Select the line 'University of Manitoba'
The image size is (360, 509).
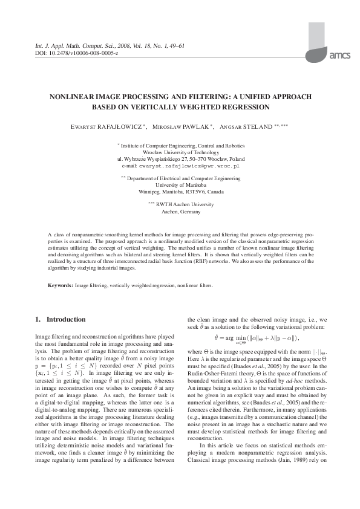pyautogui.click(x=180, y=185)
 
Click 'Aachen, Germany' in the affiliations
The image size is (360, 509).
pyautogui.click(x=180, y=212)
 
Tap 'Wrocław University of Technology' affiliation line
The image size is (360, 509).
pyautogui.click(x=180, y=152)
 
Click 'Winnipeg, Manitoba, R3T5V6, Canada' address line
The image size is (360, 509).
pyautogui.click(x=180, y=192)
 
